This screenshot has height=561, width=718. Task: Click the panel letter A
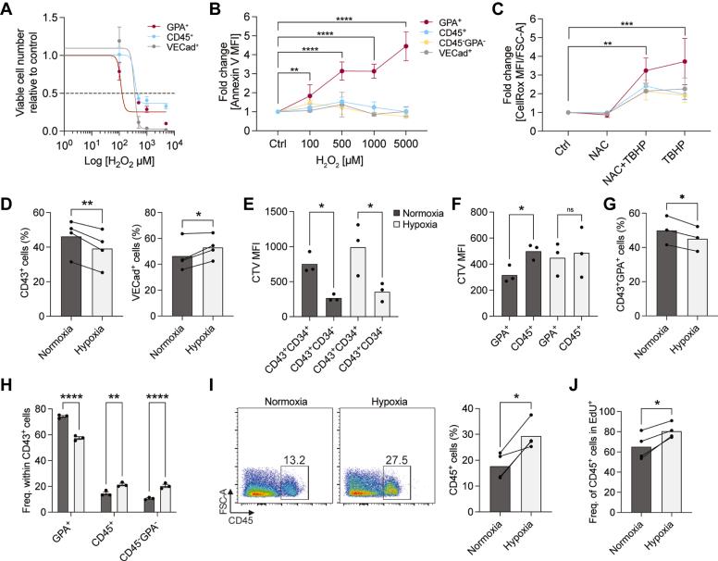tap(7, 9)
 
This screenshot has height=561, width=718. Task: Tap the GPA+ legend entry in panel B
tap(432, 21)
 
